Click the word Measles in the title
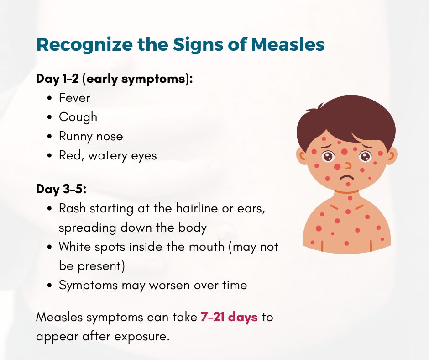(288, 45)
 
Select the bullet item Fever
(74, 98)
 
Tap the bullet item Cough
(78, 117)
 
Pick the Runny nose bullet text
(91, 136)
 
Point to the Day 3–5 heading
(61, 189)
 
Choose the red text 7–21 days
(229, 317)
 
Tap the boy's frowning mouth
(348, 176)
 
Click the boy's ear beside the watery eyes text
(302, 156)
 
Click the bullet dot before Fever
(50, 98)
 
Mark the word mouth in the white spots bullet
(204, 247)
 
